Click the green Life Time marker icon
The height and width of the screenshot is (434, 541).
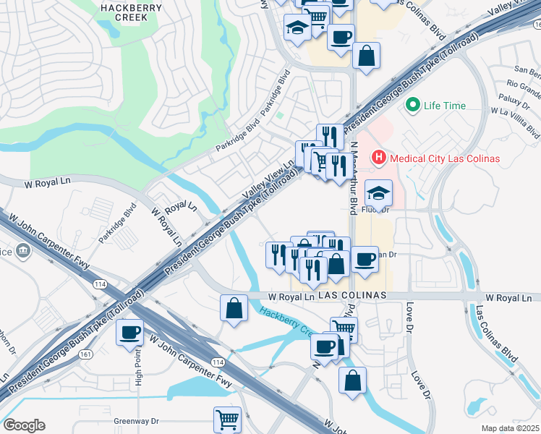414,106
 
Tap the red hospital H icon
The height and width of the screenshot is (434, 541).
378,157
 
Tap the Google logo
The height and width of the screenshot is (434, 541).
24,425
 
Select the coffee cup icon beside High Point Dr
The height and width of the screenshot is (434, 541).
130,333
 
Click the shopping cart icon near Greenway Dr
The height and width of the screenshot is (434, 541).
227,418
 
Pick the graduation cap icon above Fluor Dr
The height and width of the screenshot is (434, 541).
377,193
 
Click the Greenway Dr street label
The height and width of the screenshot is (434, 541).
136,420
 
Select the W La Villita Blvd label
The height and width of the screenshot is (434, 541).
515,123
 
